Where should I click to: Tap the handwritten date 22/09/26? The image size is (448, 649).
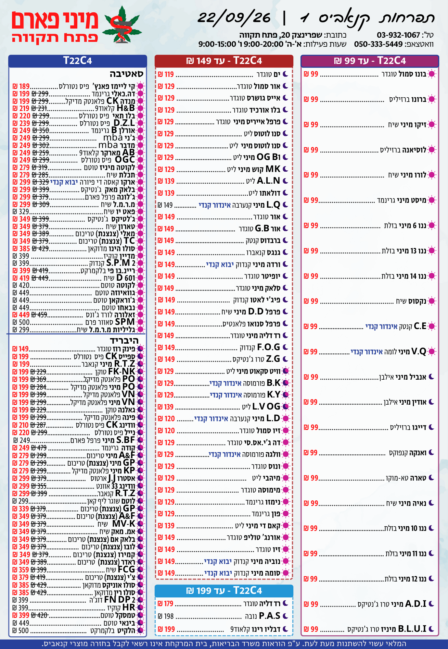tap(234, 18)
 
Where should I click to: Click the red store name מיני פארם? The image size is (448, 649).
tap(55, 20)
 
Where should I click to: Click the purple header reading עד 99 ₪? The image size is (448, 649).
tap(370, 61)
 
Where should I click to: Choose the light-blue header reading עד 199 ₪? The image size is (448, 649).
tap(224, 591)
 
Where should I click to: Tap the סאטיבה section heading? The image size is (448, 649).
tap(126, 74)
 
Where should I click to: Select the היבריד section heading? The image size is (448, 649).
tap(124, 340)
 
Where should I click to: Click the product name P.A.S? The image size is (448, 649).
tap(269, 616)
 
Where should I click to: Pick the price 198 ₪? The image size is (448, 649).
tap(166, 616)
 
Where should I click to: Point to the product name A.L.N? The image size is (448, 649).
tap(268, 181)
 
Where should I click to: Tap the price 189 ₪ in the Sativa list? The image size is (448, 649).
tap(21, 86)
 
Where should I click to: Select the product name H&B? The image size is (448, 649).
tap(125, 108)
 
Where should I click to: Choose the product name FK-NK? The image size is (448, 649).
tap(122, 372)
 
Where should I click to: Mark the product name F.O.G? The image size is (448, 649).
tap(269, 347)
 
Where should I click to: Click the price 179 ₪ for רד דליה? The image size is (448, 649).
tap(166, 604)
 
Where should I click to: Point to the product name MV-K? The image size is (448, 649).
tap(123, 524)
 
